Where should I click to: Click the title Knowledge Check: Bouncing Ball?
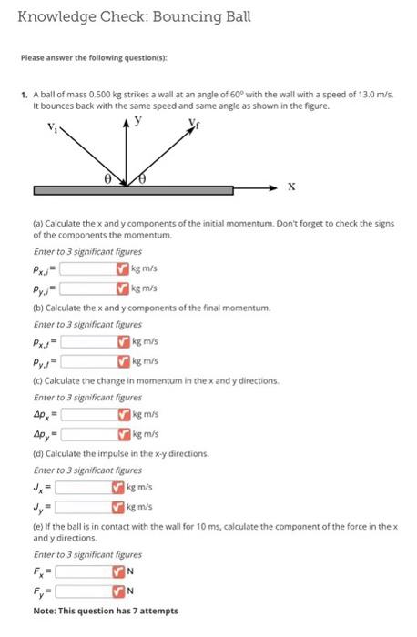coord(134,17)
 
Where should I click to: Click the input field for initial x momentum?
coord(88,268)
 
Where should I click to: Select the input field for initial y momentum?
coord(88,288)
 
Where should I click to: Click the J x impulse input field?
coord(83,487)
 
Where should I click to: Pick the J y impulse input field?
coord(83,507)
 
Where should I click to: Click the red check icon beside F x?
coord(117,571)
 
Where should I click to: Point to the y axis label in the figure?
coord(137,120)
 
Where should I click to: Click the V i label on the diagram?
coord(52,127)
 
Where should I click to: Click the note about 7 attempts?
coord(106,611)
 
